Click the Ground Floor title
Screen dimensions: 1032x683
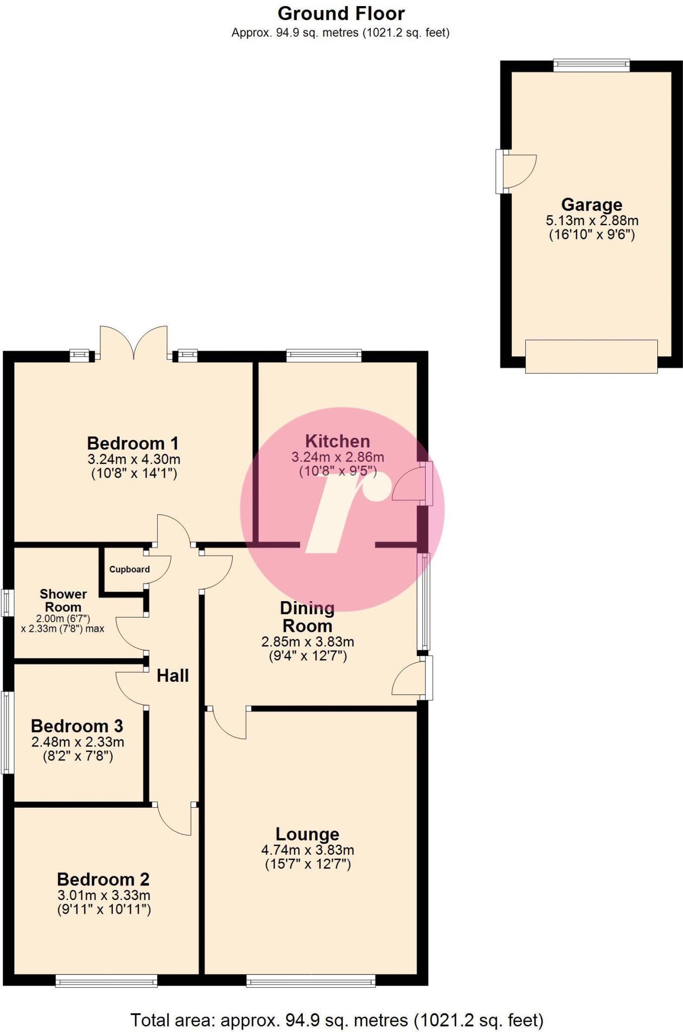341,14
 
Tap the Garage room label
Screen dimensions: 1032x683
591,205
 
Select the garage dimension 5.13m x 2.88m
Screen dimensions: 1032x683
592,220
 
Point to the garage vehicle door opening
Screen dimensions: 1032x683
591,356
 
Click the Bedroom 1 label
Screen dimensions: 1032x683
133,443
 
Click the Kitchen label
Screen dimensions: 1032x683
337,441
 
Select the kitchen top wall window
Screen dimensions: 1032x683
324,355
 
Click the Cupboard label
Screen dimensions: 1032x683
129,569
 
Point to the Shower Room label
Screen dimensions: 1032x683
63,600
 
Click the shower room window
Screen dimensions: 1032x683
7,603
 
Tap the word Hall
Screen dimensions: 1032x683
172,676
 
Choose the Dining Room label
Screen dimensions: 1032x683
307,617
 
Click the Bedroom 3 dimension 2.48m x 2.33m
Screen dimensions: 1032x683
78,742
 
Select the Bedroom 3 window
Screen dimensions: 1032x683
7,732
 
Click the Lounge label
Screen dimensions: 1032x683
307,834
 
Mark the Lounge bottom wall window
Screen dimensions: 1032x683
311,980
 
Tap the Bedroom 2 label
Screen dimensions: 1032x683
103,879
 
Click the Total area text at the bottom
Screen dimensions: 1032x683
337,1020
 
